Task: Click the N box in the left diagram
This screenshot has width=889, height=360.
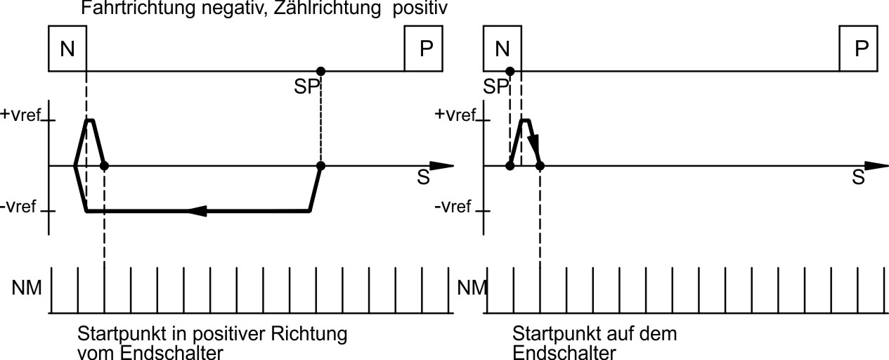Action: pyautogui.click(x=67, y=48)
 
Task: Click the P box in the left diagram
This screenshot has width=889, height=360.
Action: pyautogui.click(x=424, y=48)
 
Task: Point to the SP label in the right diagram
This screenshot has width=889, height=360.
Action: pyautogui.click(x=497, y=86)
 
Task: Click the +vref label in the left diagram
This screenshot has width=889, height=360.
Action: pyautogui.click(x=22, y=115)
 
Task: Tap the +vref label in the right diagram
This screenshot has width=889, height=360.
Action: pyautogui.click(x=458, y=115)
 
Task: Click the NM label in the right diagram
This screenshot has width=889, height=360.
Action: pyautogui.click(x=470, y=288)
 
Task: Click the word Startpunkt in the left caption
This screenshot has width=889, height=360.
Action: pyautogui.click(x=112, y=333)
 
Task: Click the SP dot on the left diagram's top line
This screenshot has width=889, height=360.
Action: pyautogui.click(x=320, y=71)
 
